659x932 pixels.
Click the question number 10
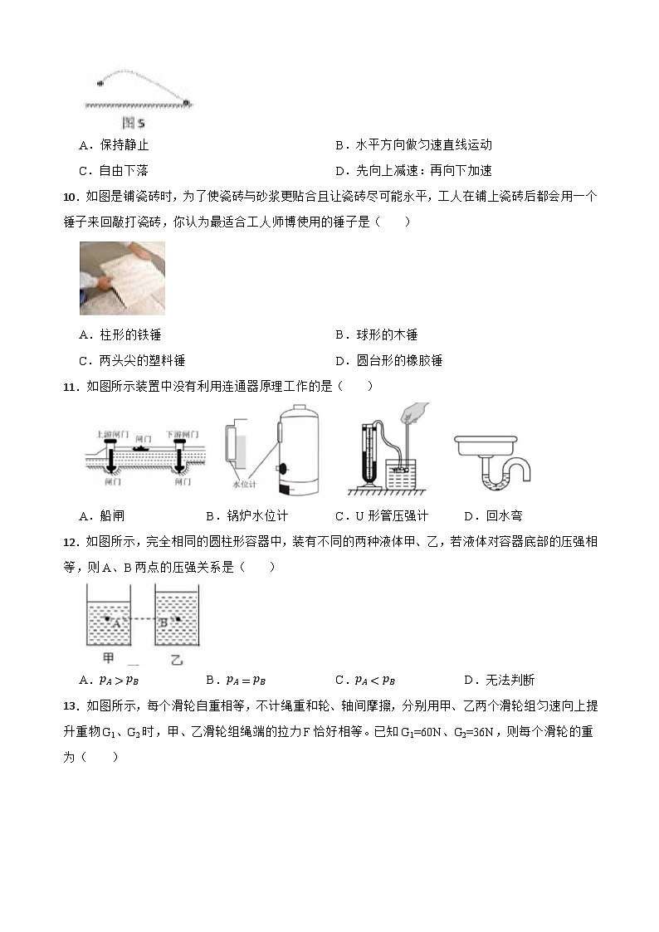click(71, 197)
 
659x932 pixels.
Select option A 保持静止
click(114, 145)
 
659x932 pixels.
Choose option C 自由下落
click(114, 170)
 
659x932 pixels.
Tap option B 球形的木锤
click(376, 334)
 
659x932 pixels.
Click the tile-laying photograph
click(122, 278)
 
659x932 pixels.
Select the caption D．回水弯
click(493, 515)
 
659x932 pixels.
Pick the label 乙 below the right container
click(176, 659)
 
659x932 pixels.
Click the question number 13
click(71, 706)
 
